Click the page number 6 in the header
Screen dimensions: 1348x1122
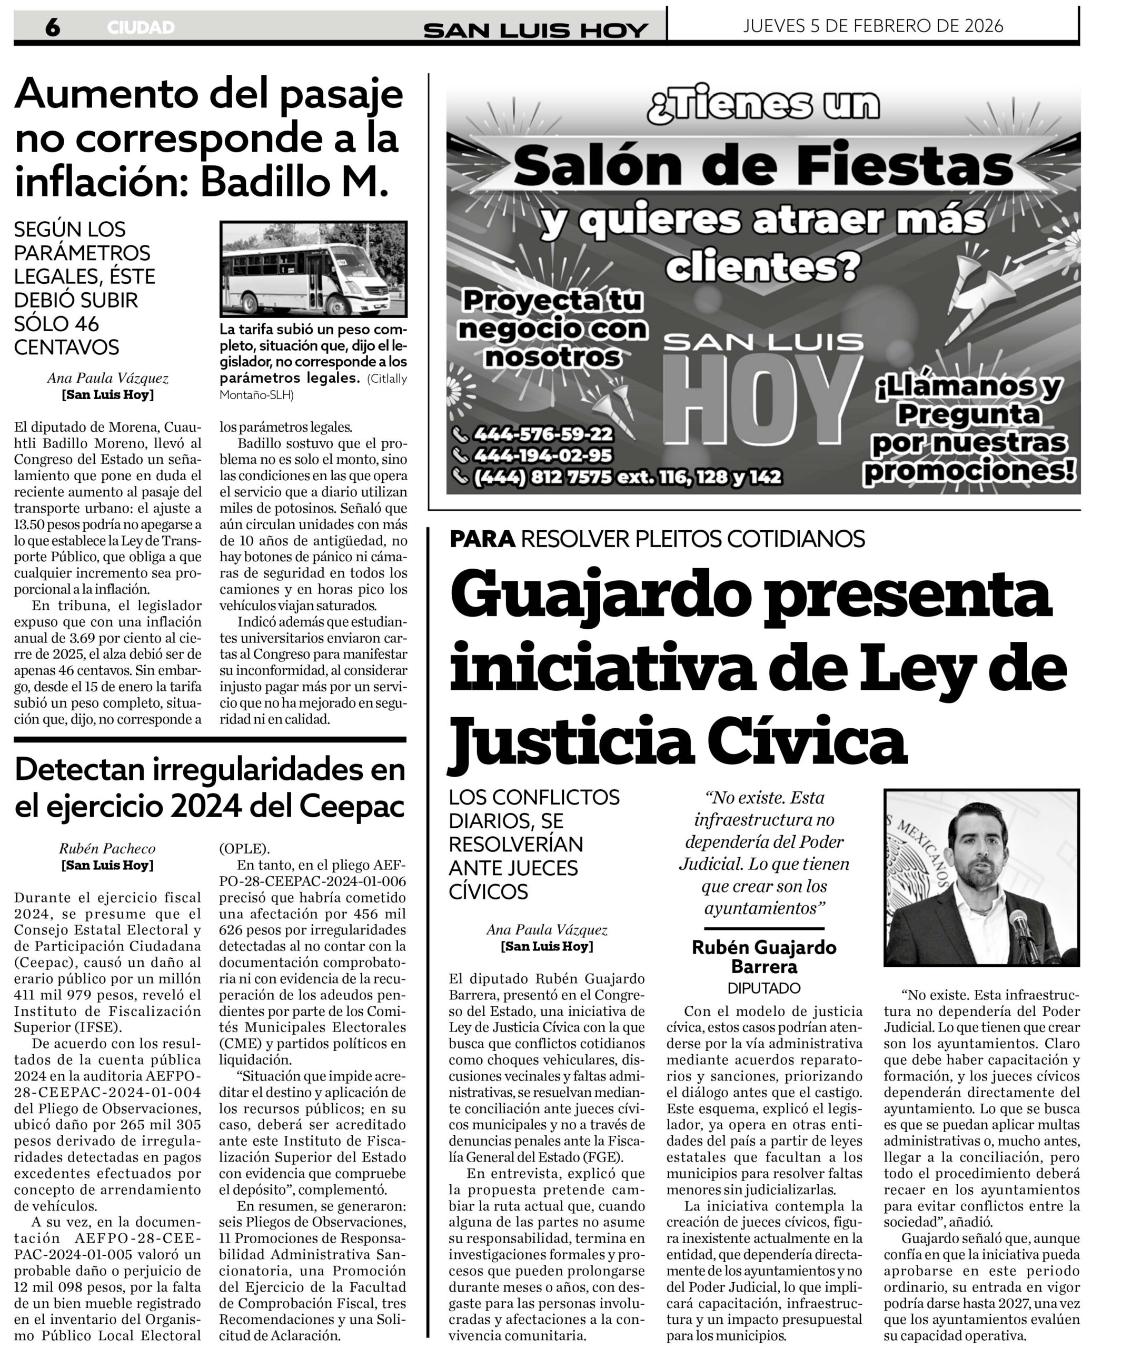point(53,27)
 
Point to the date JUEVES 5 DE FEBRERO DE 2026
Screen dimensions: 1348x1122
point(873,26)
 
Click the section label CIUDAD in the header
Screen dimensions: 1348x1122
point(141,27)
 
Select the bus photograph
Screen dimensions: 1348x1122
point(313,270)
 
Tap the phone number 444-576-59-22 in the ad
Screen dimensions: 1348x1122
point(542,434)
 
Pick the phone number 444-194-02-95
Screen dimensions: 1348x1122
point(542,456)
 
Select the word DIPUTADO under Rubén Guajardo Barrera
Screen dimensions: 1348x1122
point(764,988)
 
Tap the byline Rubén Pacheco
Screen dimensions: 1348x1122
point(107,849)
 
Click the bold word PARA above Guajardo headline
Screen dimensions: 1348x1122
point(483,539)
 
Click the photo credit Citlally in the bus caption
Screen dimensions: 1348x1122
point(387,379)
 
